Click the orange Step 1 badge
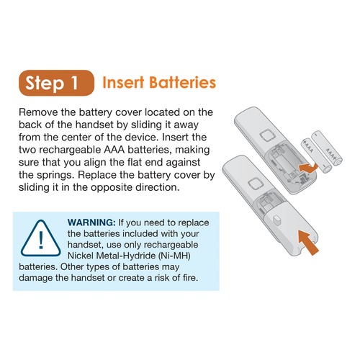(56, 83)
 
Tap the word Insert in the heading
(123, 82)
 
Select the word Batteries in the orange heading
(182, 82)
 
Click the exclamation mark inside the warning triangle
(41, 240)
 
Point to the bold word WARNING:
(91, 222)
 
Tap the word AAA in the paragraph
(114, 150)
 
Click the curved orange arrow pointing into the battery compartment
(308, 167)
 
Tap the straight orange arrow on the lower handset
(308, 242)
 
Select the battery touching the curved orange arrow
(316, 156)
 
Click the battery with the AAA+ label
(327, 148)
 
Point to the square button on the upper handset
(267, 137)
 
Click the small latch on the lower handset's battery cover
(276, 220)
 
